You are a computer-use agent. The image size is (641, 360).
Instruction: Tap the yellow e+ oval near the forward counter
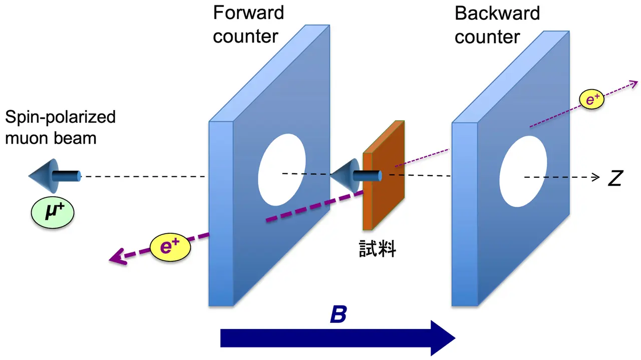tap(170, 247)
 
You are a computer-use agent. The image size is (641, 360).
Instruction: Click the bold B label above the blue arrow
tap(339, 315)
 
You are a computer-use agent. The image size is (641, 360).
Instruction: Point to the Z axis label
tap(615, 178)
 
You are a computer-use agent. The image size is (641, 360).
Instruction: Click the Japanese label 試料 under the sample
tap(377, 249)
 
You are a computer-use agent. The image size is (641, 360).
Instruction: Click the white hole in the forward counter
tap(281, 169)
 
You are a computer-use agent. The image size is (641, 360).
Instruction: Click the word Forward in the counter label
tap(248, 13)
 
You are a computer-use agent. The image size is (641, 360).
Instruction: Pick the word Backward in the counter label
tap(497, 14)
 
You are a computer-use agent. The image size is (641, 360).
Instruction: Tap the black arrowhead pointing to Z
tap(596, 177)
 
